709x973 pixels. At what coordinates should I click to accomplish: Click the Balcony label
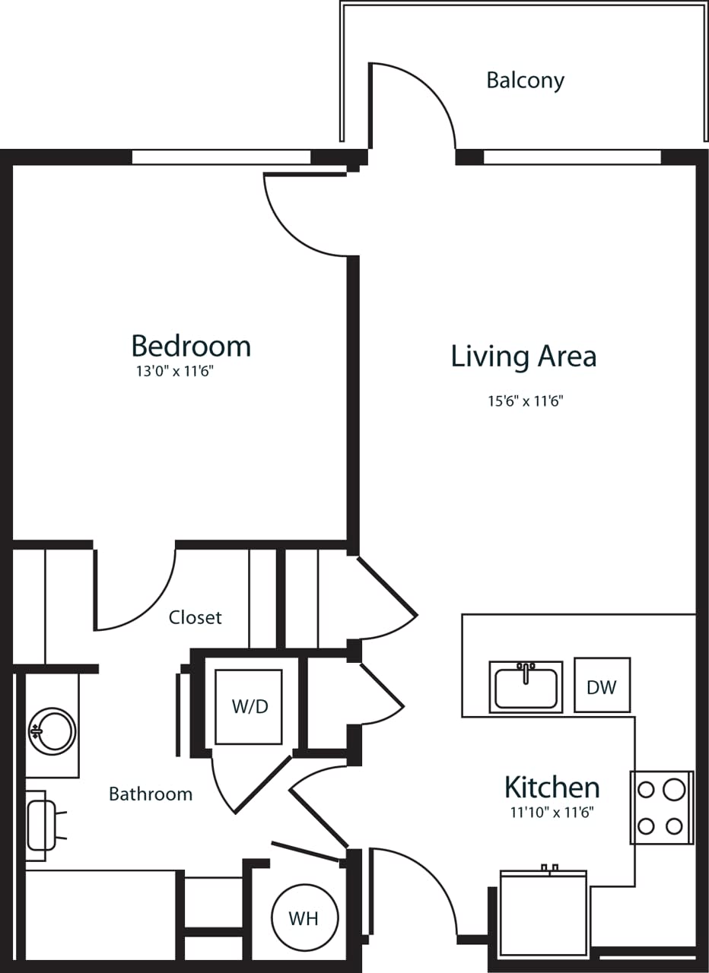[x=525, y=81]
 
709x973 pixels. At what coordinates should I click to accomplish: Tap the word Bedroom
[x=191, y=346]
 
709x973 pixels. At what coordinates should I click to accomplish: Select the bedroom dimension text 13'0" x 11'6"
[x=179, y=372]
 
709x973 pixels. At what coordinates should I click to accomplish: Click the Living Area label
[x=523, y=357]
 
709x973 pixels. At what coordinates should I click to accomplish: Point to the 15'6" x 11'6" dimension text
[x=525, y=401]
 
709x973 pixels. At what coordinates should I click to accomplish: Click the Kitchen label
[x=552, y=786]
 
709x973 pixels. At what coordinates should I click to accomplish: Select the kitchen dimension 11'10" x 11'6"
[x=552, y=812]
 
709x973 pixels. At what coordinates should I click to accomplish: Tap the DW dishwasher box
[x=602, y=686]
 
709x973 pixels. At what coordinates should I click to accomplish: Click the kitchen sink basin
[x=526, y=688]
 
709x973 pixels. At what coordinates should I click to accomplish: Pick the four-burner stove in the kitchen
[x=660, y=807]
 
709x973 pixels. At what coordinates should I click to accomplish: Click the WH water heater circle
[x=303, y=918]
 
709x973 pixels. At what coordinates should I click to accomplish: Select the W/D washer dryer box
[x=249, y=707]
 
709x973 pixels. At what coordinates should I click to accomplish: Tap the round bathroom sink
[x=52, y=731]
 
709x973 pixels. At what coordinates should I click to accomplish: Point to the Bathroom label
[x=151, y=794]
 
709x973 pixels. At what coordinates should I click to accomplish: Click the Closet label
[x=196, y=617]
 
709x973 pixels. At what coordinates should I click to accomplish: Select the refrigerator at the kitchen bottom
[x=543, y=912]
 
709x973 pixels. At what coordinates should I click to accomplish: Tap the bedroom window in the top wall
[x=221, y=157]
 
